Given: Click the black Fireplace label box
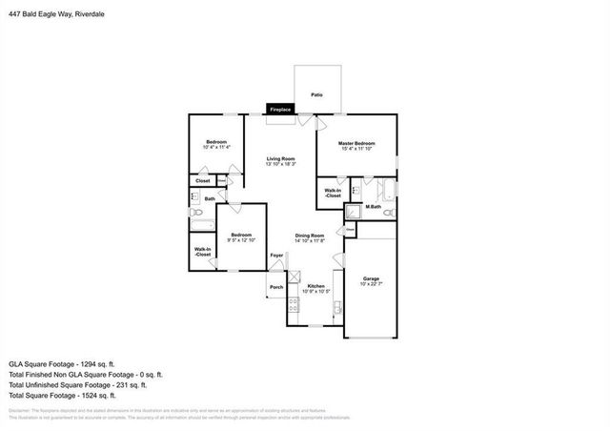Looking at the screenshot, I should [x=280, y=110].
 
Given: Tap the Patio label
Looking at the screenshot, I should [x=315, y=94].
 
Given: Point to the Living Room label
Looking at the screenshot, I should [x=280, y=158].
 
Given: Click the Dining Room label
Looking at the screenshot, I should [x=310, y=236].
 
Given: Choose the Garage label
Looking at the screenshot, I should [x=370, y=278].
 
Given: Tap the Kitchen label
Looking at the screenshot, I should [x=316, y=285].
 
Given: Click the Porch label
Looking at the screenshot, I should [x=276, y=286].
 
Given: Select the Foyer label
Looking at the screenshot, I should [x=276, y=256].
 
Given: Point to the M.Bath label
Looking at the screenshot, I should [x=374, y=207].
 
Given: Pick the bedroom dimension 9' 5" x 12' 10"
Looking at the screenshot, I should [x=240, y=240].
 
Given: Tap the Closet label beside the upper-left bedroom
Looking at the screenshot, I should [x=203, y=180].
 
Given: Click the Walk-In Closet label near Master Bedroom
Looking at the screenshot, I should [x=333, y=193].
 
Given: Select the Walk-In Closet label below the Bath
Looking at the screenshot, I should [x=203, y=253].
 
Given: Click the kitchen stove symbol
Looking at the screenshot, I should [x=294, y=304].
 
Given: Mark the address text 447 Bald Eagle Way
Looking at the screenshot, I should [x=41, y=9].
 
